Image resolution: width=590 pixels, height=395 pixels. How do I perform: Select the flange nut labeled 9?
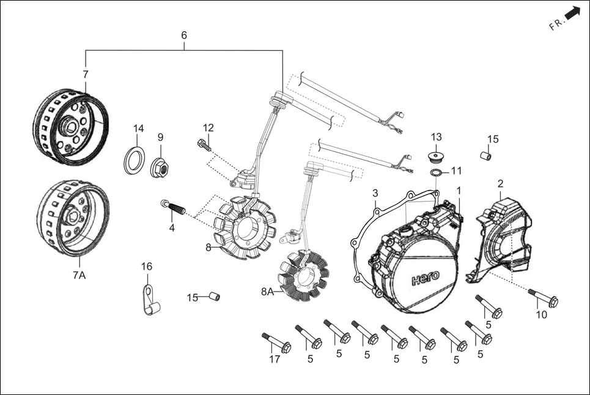(x=160, y=167)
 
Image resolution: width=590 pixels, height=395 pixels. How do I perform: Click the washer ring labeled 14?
(x=136, y=160)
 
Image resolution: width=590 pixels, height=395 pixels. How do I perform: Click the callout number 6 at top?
(x=184, y=36)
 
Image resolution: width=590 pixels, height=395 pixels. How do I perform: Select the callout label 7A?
(x=79, y=276)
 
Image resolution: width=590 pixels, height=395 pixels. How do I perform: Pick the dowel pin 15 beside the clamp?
(x=214, y=297)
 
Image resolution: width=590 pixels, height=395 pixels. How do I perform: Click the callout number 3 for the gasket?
(x=375, y=193)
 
